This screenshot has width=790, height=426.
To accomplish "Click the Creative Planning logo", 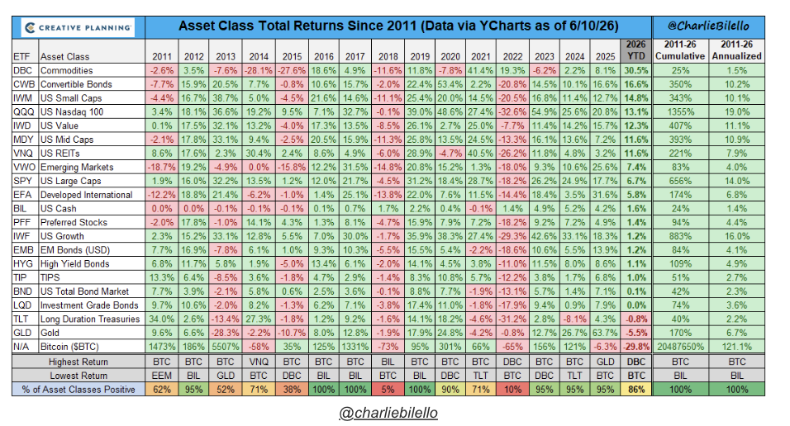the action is [x=79, y=28].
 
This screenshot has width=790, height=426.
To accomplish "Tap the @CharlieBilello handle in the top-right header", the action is [x=708, y=26].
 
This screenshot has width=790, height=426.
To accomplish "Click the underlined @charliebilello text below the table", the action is [x=388, y=413].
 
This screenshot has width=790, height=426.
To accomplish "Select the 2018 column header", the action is [x=388, y=56].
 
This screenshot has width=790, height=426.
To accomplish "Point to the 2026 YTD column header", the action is [x=635, y=50].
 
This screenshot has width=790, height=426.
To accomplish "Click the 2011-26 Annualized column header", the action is [x=736, y=50].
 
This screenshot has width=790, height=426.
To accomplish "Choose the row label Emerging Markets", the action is [x=77, y=167].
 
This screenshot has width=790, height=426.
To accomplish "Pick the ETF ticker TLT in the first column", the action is [x=21, y=319].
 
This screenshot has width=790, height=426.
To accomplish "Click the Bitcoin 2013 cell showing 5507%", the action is [x=226, y=347].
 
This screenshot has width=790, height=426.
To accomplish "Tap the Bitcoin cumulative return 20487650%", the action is [x=680, y=347].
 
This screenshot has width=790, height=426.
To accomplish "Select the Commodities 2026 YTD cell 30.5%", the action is [x=635, y=70].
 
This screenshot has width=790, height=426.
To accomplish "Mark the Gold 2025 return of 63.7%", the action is [x=605, y=333].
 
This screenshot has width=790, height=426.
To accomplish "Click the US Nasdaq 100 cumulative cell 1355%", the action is [x=680, y=111].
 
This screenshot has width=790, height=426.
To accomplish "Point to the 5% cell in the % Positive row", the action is [x=388, y=390].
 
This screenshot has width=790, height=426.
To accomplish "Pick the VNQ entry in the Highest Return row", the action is [x=259, y=362].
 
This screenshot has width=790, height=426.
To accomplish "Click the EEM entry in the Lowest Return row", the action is [x=162, y=376].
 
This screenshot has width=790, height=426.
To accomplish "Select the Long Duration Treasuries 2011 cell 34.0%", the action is [x=162, y=319].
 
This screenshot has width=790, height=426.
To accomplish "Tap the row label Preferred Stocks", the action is [x=74, y=223].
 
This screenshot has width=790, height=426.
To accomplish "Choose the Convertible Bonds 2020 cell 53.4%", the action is [x=450, y=84].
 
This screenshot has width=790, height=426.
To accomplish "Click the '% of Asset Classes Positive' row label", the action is [x=79, y=390].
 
